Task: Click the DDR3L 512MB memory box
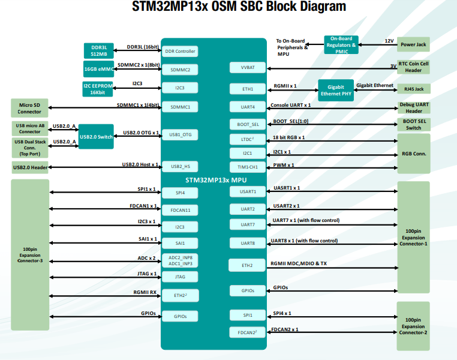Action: [x=99, y=51]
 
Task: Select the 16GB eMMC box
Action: [x=99, y=69]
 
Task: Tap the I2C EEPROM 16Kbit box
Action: [x=98, y=89]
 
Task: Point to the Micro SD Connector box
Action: [x=29, y=108]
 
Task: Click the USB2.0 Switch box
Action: [x=96, y=137]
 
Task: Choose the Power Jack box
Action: [x=413, y=44]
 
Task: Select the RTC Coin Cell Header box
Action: [x=413, y=67]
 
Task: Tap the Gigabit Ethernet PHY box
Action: [x=336, y=91]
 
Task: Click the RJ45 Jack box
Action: [x=414, y=89]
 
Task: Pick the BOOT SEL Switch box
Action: [x=414, y=124]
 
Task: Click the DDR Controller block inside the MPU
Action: [x=180, y=52]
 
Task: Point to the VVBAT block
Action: [x=248, y=67]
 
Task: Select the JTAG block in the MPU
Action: [x=180, y=277]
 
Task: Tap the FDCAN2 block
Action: [x=248, y=332]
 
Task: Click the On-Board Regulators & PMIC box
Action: [x=341, y=45]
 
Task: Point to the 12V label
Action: [x=389, y=41]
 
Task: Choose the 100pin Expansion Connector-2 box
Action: [x=413, y=326]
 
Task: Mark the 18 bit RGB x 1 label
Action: [x=289, y=137]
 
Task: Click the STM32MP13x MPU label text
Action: [x=216, y=180]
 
